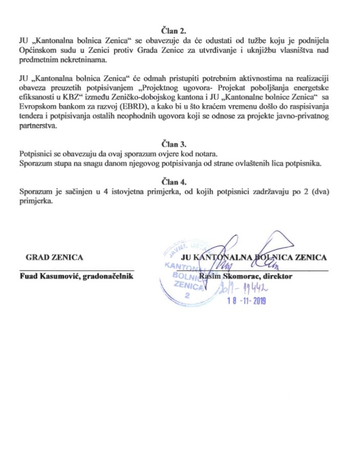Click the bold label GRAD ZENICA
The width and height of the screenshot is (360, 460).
(54, 257)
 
